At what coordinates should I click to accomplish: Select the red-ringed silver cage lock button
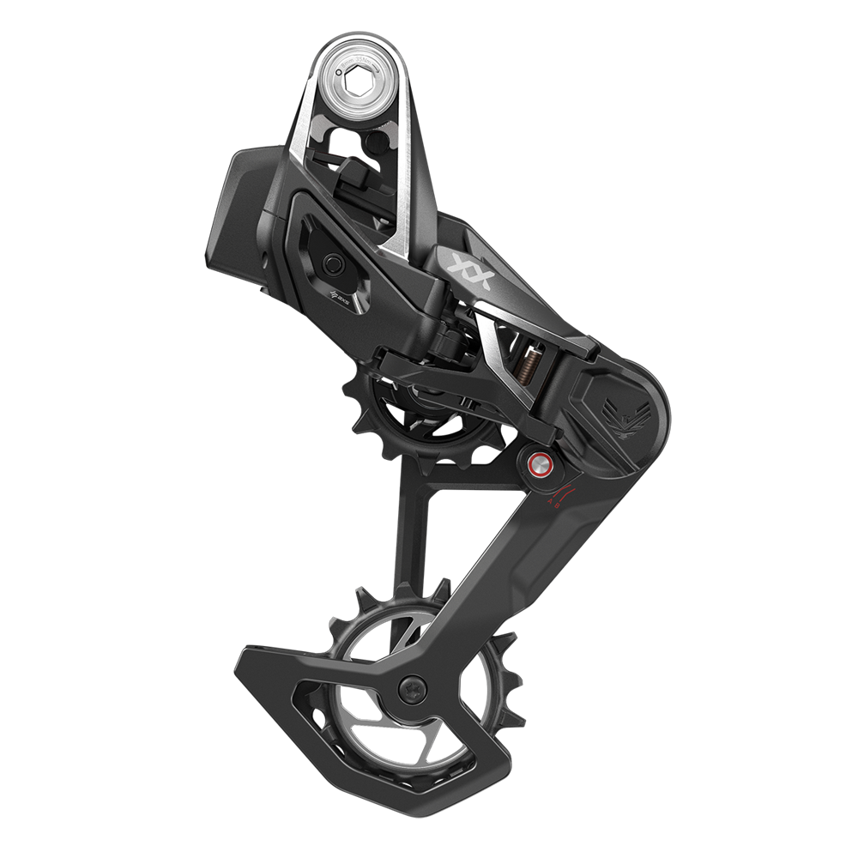pyautogui.click(x=540, y=467)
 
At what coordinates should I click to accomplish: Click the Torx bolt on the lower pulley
pyautogui.click(x=413, y=687)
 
